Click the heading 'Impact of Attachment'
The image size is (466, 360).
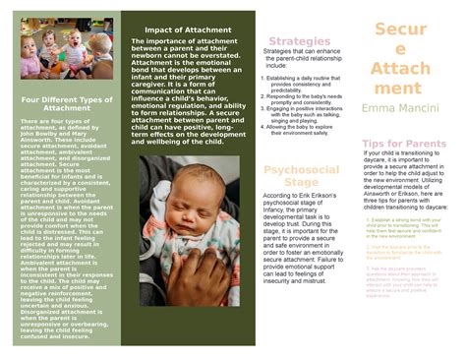[x=187, y=30]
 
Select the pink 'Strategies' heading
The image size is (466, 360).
[x=299, y=41]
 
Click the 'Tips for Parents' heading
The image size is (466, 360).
[x=404, y=144]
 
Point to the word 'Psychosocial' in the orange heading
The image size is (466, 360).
[x=301, y=170]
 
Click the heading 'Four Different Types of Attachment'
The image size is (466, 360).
[x=67, y=103]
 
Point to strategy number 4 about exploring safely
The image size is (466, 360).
[x=304, y=129]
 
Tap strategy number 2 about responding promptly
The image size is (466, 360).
[x=304, y=100]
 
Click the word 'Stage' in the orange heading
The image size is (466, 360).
[x=301, y=182]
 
